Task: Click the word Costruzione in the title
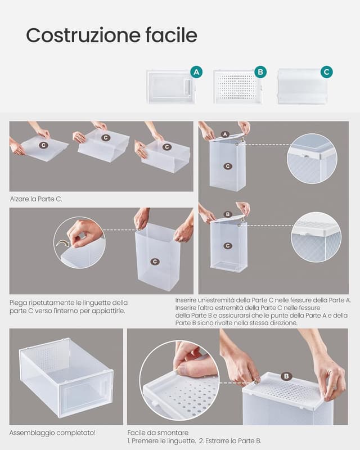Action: click(x=83, y=35)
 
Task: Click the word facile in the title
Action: click(x=172, y=35)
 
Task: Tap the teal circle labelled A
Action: click(x=196, y=72)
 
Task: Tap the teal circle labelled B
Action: click(x=260, y=72)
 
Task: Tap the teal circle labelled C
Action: click(x=326, y=72)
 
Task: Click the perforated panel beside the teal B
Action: click(x=237, y=87)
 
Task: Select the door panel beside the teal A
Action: click(x=170, y=87)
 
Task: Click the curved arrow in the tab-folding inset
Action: click(x=63, y=244)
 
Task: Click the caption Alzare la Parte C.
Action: click(x=36, y=199)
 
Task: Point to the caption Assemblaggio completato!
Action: click(x=52, y=433)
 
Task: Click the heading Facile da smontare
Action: click(x=158, y=433)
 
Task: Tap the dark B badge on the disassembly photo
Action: click(x=286, y=376)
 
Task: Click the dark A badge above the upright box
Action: click(x=225, y=134)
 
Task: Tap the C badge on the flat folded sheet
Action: click(x=43, y=145)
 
